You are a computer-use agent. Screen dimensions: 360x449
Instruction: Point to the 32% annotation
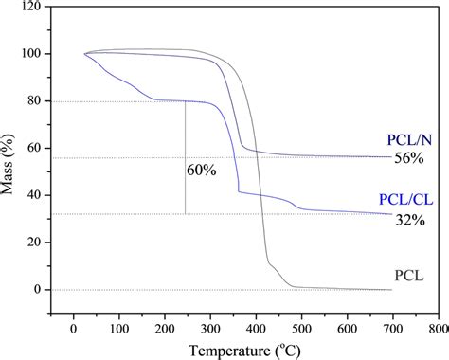(408, 220)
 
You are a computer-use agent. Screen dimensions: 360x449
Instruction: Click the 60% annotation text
(202, 171)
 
